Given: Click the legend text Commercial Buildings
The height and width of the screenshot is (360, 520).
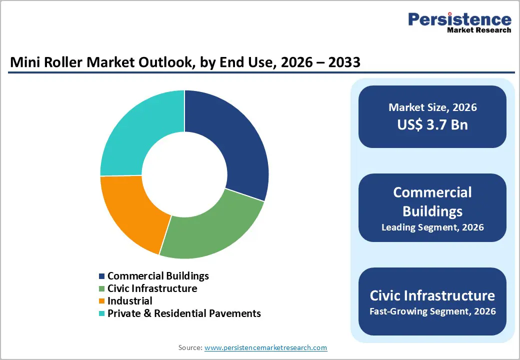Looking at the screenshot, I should coord(158,276).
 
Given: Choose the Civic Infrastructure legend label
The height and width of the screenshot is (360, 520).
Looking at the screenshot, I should coord(152,288).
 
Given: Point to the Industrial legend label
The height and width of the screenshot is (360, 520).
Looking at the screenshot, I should coord(130,301).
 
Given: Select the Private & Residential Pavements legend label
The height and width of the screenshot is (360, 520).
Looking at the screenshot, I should coord(184,313).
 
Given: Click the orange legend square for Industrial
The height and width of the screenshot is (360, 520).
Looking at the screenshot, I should coord(102,301).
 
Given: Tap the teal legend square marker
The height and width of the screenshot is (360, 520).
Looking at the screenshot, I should coord(102,313).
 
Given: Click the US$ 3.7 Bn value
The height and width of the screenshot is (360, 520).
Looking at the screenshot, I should coord(432,124).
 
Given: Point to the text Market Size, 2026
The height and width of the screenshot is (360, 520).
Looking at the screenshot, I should coord(432,107).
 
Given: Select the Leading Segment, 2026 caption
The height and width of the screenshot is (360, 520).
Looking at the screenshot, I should coord(432,227).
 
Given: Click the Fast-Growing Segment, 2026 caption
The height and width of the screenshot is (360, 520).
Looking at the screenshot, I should coord(432,311).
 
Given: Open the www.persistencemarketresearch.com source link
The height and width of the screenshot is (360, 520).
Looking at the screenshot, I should coord(265,347).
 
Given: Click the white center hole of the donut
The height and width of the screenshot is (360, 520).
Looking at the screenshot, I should coord(184,175).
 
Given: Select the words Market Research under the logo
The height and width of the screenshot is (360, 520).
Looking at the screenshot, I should coord(479,30).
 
